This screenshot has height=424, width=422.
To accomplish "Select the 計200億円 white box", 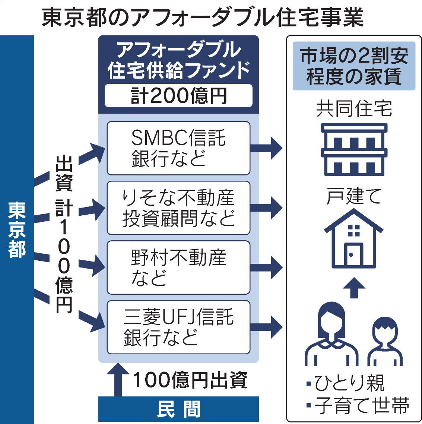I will (178, 96).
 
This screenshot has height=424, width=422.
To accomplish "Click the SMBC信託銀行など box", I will (178, 148).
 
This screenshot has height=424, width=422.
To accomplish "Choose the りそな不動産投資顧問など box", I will (178, 208).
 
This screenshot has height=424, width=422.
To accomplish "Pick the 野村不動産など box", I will (178, 267).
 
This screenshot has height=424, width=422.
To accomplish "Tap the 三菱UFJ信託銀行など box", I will (178, 327).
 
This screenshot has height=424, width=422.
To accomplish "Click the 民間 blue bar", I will (178, 409).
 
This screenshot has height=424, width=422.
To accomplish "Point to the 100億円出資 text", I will (190, 380).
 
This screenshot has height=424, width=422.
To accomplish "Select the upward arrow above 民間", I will (118, 380).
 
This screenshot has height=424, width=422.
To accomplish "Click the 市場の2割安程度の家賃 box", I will (354, 66).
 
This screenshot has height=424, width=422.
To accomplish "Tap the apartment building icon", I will (354, 149).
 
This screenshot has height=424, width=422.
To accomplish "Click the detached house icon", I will (354, 238).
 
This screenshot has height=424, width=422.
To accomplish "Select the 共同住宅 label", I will (354, 109).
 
